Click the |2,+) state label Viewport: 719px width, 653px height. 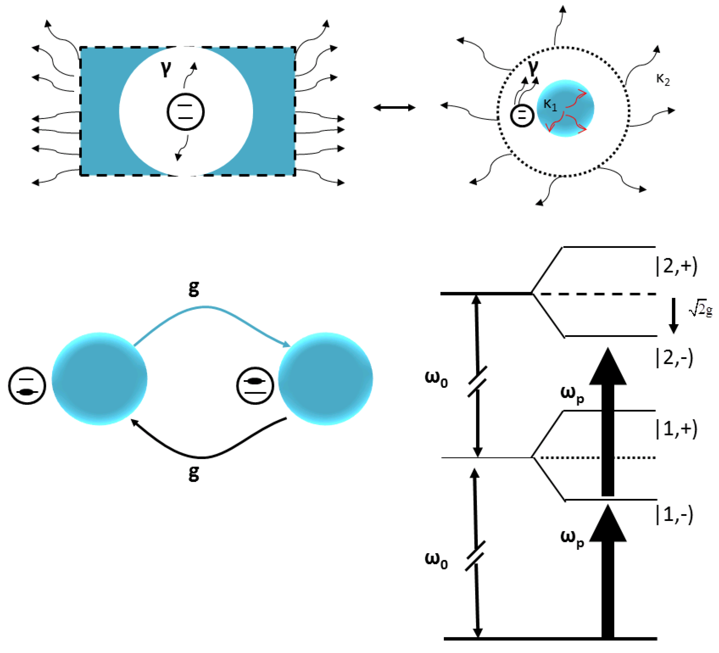(x=677, y=266)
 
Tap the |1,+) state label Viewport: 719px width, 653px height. (x=677, y=429)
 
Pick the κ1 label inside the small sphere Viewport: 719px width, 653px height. (x=550, y=105)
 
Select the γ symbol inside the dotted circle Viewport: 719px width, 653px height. (x=533, y=68)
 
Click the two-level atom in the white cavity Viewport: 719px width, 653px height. (x=185, y=112)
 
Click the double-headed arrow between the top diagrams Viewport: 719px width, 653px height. (x=394, y=107)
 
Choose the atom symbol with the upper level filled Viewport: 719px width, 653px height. (x=255, y=386)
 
